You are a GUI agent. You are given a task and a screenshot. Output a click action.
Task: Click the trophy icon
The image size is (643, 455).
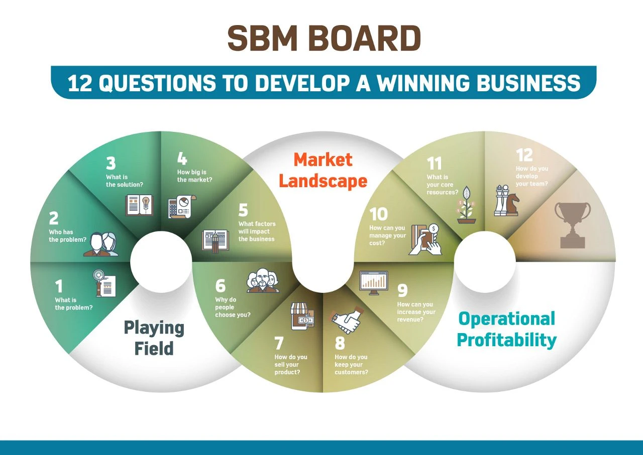coord(572,225)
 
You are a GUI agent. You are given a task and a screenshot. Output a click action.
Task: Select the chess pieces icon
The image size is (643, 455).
coord(506,200)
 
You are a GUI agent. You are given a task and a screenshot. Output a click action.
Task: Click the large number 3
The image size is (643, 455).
coord(111,164)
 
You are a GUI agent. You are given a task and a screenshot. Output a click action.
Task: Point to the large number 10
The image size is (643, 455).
coord(379,214)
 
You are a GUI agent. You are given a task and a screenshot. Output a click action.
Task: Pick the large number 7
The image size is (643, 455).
coord(279,343)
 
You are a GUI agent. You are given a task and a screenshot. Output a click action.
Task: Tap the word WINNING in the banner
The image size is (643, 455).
coord(423,83)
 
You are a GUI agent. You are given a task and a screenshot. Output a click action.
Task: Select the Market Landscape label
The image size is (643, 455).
coord(323,170)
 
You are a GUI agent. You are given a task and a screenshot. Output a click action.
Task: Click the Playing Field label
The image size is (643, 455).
coord(154,338)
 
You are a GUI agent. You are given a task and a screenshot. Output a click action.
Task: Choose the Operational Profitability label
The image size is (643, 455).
coord(506,330)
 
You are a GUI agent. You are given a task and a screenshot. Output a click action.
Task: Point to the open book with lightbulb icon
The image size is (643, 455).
coord(139,205)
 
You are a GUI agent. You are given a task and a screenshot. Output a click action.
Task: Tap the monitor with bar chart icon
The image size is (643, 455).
coord(373,283)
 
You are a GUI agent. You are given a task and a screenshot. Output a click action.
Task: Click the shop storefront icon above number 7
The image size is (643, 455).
coord(302,316)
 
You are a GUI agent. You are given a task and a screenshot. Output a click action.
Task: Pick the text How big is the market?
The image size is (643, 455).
coord(194,176)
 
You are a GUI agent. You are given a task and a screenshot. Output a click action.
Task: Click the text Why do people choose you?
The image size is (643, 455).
coord(233,307)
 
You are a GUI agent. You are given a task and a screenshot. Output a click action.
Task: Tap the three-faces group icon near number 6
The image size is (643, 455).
coord(263,280)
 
